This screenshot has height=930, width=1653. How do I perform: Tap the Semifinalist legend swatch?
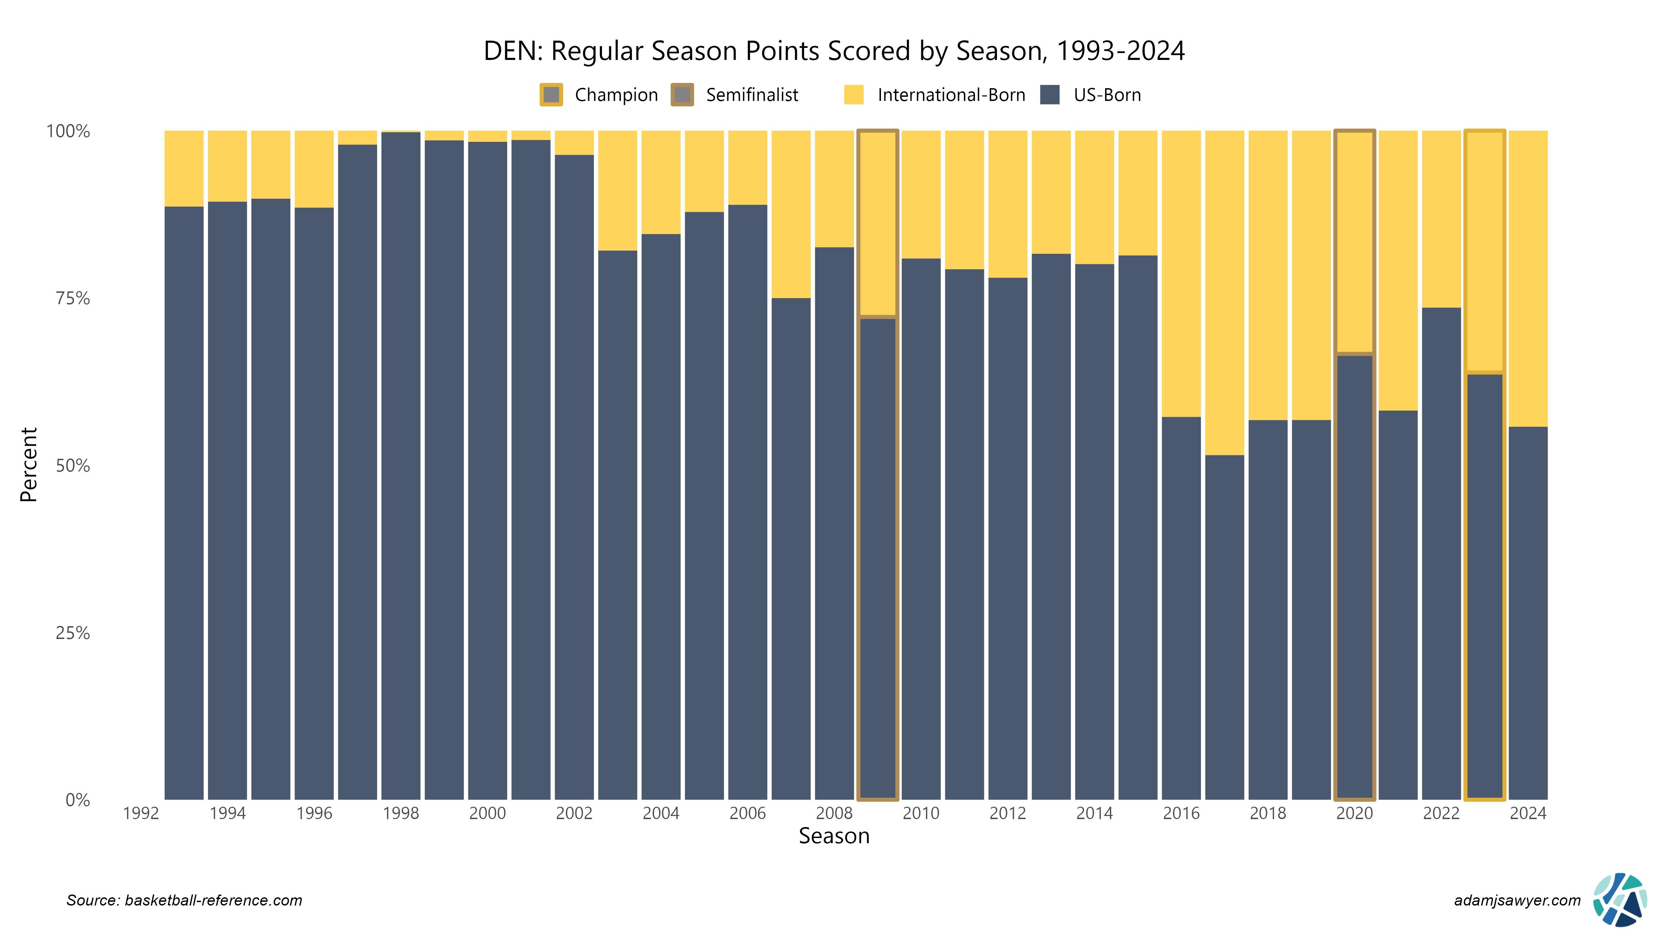click(682, 95)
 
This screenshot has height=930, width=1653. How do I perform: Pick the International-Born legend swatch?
click(853, 95)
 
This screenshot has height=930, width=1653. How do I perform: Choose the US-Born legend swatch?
click(1049, 95)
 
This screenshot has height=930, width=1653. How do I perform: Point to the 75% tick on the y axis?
click(73, 298)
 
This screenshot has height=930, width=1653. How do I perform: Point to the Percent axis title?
click(29, 465)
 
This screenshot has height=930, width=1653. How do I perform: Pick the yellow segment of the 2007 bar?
click(791, 214)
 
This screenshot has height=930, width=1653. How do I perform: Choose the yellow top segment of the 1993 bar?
click(184, 168)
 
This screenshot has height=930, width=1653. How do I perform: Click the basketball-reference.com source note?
click(184, 900)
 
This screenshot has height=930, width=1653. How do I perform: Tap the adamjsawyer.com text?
click(1517, 900)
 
